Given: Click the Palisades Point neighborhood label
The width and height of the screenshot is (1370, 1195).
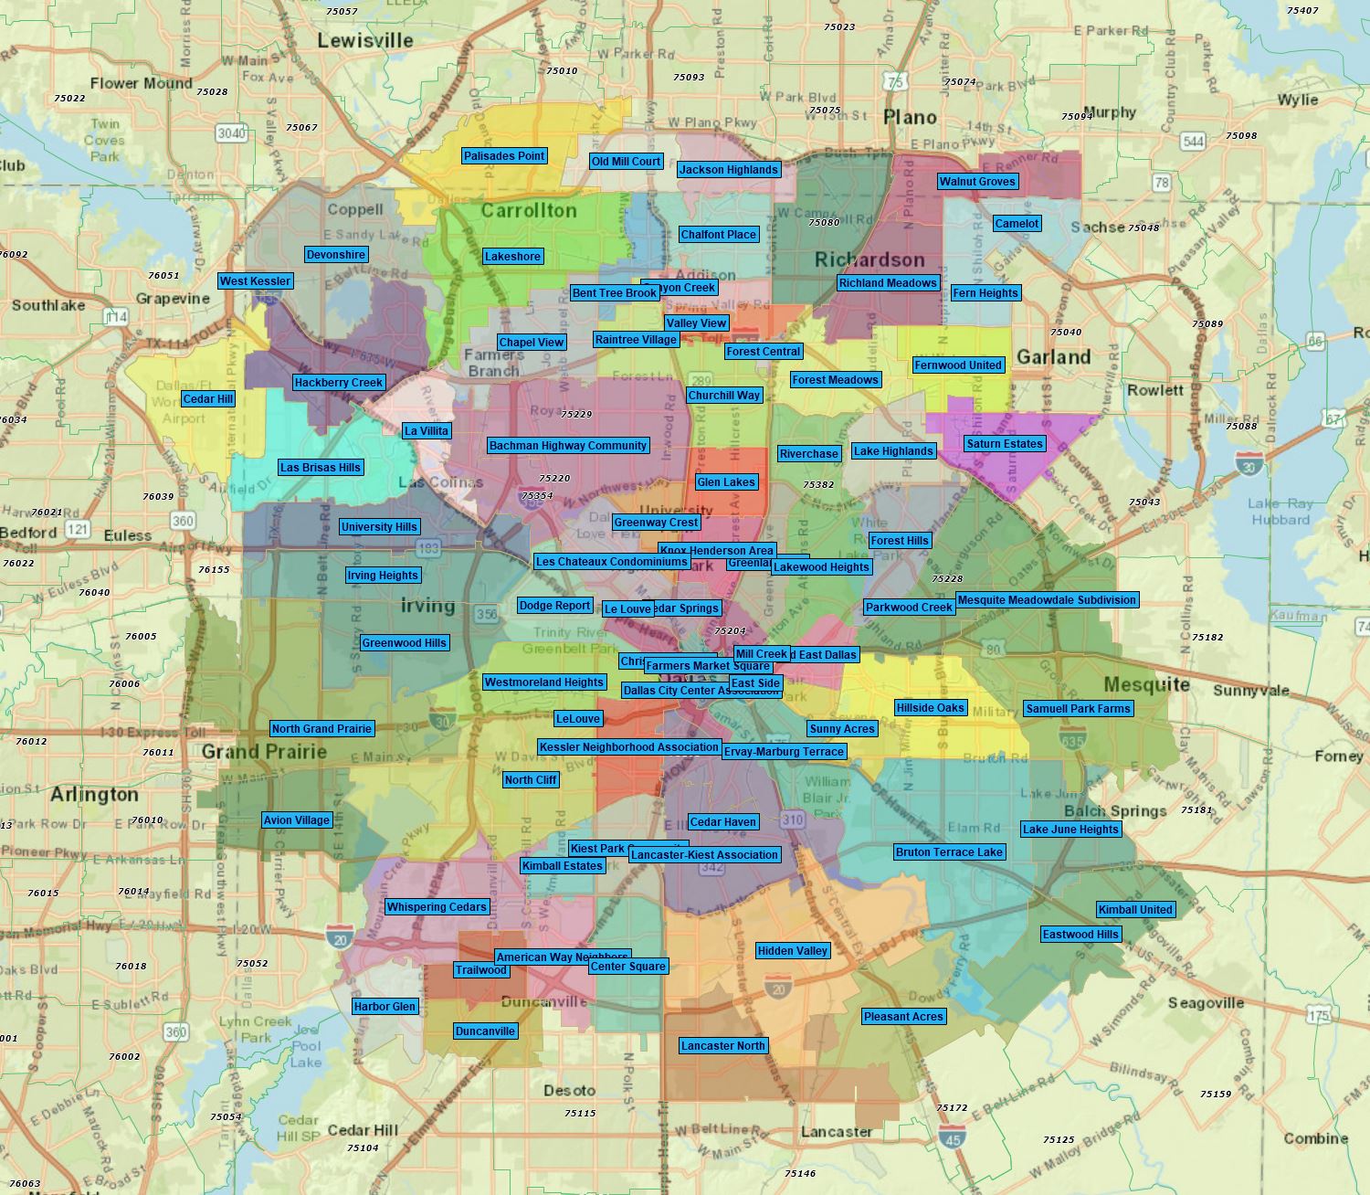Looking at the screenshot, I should point(504,156).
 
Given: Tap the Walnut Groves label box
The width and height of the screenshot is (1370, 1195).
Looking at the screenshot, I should point(977,182).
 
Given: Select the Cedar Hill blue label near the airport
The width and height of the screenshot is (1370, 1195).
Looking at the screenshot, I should point(208,399).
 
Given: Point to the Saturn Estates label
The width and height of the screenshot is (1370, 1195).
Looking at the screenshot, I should point(1004,444).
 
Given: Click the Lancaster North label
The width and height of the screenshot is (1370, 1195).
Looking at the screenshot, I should point(723,1046).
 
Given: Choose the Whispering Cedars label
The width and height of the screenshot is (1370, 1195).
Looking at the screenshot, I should point(437,907).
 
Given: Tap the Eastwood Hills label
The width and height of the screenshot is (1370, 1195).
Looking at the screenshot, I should point(1080,935).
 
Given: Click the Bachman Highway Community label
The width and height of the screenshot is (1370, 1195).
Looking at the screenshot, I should point(568,446).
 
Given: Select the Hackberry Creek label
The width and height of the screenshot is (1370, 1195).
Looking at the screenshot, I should point(339,383).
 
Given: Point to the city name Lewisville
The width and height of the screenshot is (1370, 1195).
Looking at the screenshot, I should point(365,40).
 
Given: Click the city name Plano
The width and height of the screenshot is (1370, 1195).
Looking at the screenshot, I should point(910,117).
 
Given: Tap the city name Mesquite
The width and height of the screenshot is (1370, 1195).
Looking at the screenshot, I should point(1146,684).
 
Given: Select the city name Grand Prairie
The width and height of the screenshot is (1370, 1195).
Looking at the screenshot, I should point(264,752).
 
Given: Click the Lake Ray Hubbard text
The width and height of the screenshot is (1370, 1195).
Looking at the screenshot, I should point(1280,512).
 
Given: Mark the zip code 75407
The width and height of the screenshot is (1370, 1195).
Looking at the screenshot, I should point(1302,11).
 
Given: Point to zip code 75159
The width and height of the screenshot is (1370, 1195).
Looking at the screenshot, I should point(1216,1094).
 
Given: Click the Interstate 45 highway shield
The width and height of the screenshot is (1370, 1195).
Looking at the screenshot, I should point(952,1137).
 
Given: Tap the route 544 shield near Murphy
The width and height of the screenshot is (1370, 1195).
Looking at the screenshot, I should point(1193,141).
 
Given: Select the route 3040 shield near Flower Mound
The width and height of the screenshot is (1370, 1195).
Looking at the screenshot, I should point(231,133).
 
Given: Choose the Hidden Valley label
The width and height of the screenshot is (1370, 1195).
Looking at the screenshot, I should point(793,951).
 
